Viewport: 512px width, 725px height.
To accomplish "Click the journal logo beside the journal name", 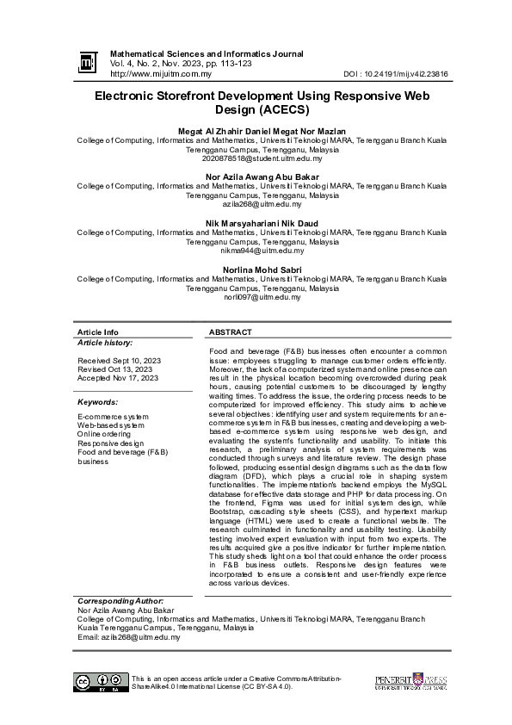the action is pos(87,62).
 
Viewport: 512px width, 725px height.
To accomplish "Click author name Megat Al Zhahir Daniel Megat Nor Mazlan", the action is pos(262,131).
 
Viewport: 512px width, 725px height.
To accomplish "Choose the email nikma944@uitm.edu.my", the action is pos(262,251).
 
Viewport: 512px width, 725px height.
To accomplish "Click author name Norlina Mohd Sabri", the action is pos(262,269).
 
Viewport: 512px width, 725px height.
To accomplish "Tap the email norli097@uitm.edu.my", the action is pos(262,297).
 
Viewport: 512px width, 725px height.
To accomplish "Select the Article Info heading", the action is pos(98,332).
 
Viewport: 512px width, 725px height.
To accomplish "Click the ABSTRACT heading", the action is pos(231,332).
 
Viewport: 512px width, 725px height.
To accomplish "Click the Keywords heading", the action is pos(97,402).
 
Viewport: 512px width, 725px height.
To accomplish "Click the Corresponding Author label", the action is pos(120,600).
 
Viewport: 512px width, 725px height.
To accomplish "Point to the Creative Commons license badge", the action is pos(101,682).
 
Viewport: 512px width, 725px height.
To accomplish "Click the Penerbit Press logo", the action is pos(410,683).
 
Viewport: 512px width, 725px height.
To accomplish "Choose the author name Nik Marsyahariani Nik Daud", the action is pos(262,223).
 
